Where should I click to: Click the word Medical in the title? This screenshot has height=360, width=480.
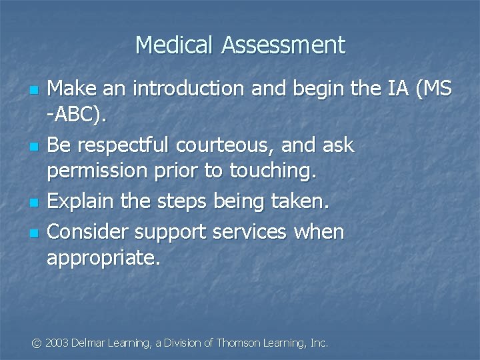(175, 45)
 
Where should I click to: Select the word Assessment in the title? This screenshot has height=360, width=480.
(283, 45)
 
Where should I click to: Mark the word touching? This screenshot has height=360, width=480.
(272, 171)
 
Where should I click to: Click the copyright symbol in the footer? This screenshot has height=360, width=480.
(37, 343)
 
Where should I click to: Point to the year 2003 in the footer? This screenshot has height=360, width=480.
(58, 343)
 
